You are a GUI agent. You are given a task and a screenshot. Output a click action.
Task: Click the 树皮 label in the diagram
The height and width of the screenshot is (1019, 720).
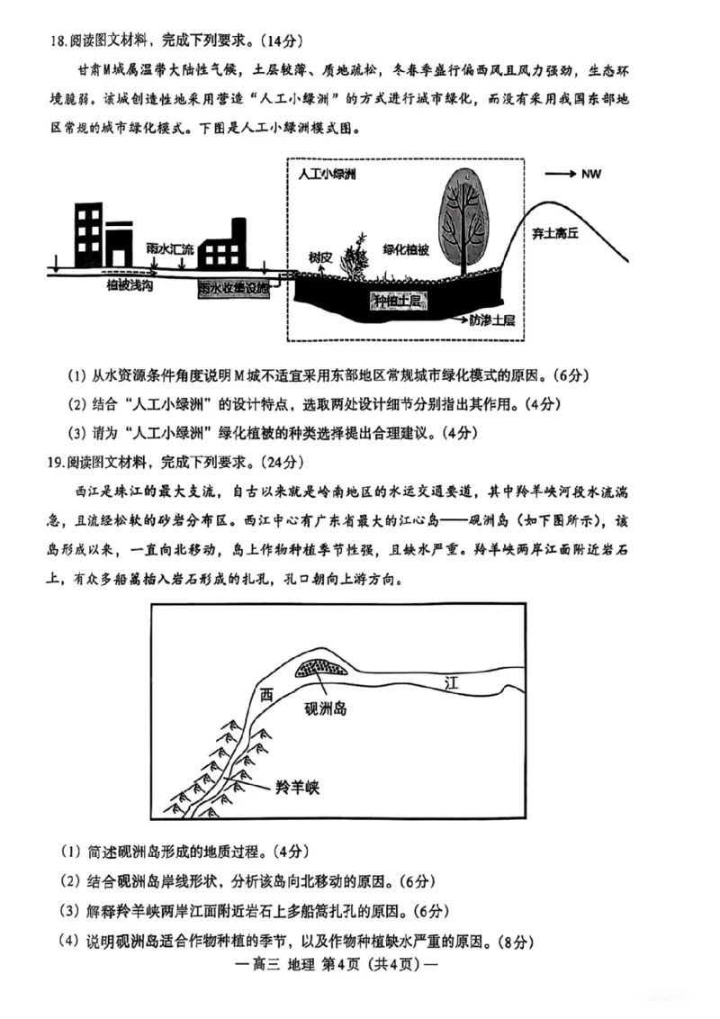pyautogui.click(x=320, y=256)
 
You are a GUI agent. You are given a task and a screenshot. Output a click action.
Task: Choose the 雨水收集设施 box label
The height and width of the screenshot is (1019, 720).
pyautogui.click(x=234, y=287)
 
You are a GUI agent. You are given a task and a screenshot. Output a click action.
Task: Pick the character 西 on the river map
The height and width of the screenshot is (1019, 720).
pyautogui.click(x=265, y=695)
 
